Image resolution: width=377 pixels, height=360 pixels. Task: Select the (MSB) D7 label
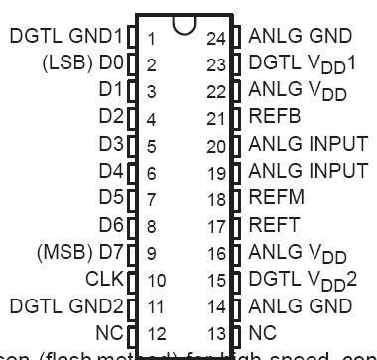[x=80, y=253]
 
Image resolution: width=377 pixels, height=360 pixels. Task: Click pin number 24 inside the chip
[x=216, y=39]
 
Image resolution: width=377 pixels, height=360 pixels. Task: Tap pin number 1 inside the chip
[x=150, y=39]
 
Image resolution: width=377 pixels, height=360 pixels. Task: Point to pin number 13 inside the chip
[x=216, y=334]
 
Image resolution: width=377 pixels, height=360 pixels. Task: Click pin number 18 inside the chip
[x=216, y=199]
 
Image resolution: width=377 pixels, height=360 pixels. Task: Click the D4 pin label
[x=111, y=172]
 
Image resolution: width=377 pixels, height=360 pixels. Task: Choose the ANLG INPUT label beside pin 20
[x=308, y=145]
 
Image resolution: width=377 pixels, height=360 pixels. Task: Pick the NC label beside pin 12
[x=110, y=333]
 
